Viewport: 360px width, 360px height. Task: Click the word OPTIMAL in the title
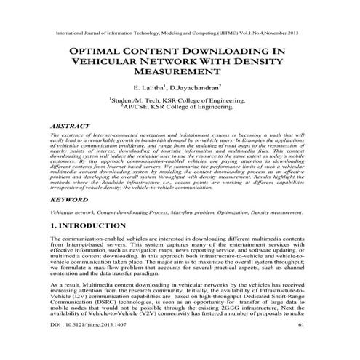(x=92, y=52)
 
